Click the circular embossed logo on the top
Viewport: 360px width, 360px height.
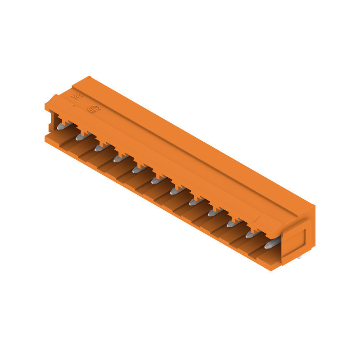point(94,109)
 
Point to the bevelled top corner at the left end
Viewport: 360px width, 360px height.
point(52,100)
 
